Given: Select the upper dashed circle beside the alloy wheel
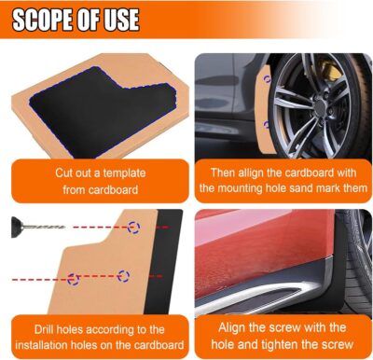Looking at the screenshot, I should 268,79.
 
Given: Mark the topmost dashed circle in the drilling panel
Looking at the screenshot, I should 134,227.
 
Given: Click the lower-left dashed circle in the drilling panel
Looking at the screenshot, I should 74,279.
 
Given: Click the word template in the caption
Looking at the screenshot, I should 131,173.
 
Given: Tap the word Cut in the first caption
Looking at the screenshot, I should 63,173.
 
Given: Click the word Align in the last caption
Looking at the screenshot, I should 235,327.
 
